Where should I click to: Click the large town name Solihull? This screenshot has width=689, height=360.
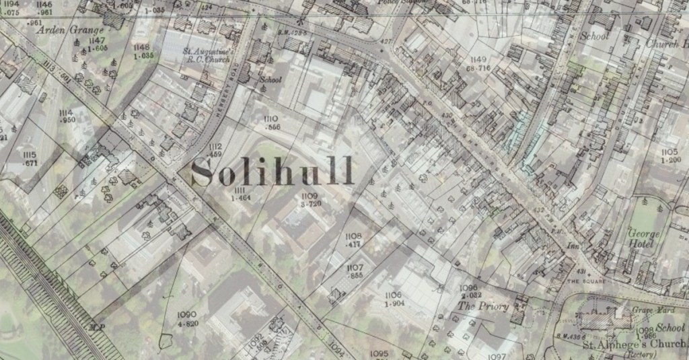pyautogui.click(x=273, y=172)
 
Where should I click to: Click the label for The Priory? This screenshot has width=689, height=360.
pyautogui.click(x=484, y=306)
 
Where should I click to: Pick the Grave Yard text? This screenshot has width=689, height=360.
pyautogui.click(x=647, y=310)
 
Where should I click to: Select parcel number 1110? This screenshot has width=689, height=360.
pyautogui.click(x=271, y=118)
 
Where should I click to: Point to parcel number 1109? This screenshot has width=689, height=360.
pyautogui.click(x=310, y=195)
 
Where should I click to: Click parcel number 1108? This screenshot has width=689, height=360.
pyautogui.click(x=353, y=236)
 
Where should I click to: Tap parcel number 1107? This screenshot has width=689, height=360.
pyautogui.click(x=355, y=268)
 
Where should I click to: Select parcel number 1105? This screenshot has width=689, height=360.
pyautogui.click(x=669, y=152)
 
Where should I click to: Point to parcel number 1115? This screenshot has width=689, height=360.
pyautogui.click(x=29, y=155)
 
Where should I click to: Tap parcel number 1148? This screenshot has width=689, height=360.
pyautogui.click(x=141, y=47)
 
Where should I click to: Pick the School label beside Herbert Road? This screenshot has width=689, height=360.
pyautogui.click(x=270, y=79)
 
